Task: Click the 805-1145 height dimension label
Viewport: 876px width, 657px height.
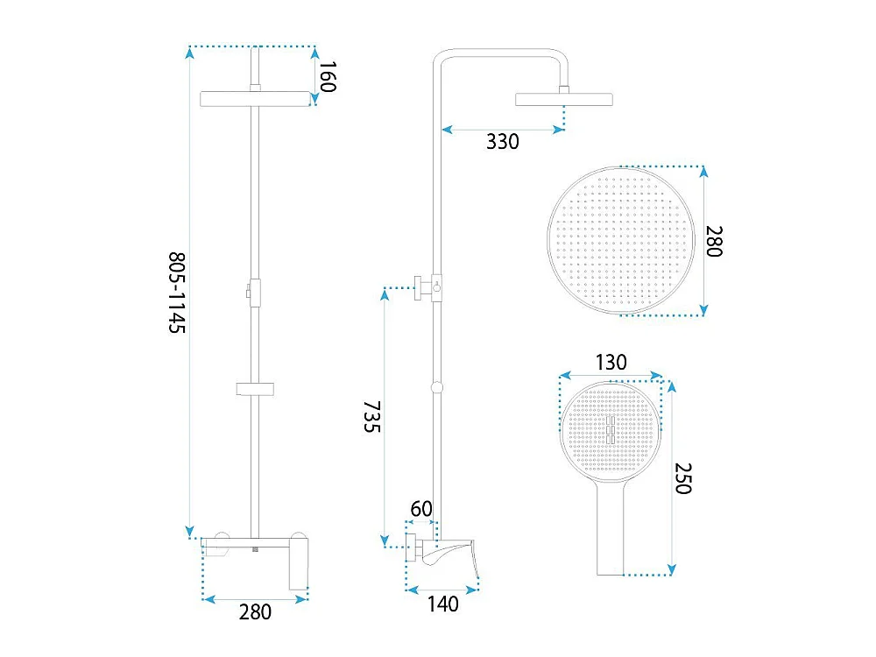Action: click(177, 293)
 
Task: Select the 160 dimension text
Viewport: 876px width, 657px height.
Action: click(328, 76)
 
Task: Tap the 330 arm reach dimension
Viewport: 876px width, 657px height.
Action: click(502, 142)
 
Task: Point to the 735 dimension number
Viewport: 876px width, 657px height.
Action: click(372, 416)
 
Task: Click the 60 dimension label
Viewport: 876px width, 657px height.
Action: click(421, 509)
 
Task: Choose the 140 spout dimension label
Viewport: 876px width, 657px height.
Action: click(443, 604)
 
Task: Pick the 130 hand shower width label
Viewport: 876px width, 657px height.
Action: click(611, 363)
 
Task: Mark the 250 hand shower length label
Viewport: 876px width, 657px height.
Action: click(682, 478)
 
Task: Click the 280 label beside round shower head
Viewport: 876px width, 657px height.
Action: click(714, 242)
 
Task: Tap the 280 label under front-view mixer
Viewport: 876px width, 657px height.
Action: click(255, 612)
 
